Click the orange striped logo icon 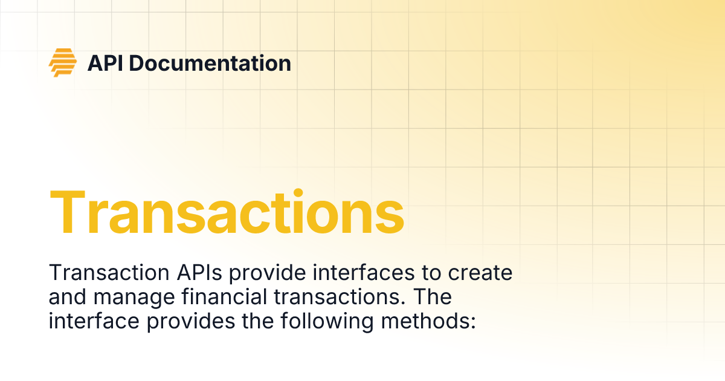[x=63, y=62]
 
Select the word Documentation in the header [x=210, y=63]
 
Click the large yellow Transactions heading [x=227, y=212]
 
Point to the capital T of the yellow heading [x=68, y=212]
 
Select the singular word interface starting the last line [x=94, y=321]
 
